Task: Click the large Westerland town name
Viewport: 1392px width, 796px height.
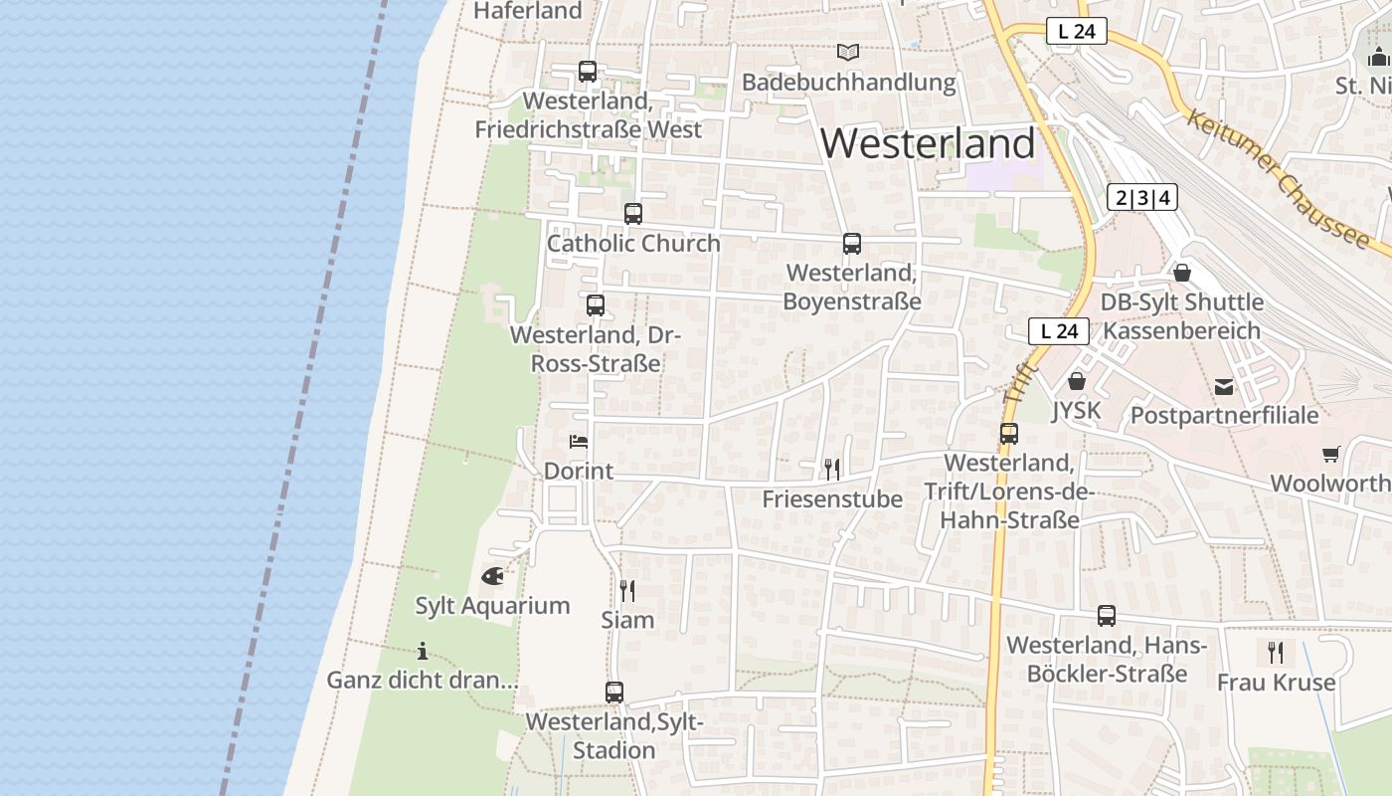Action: coord(928,144)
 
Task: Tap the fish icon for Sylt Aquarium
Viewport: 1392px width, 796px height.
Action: coord(492,575)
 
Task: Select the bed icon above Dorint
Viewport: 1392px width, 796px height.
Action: coord(579,441)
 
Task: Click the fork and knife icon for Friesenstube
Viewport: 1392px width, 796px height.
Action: coord(832,469)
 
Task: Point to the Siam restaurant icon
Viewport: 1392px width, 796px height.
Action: coord(627,591)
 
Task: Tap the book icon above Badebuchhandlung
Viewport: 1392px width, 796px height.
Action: coord(848,52)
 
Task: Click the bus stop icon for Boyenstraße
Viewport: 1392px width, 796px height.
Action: coord(852,243)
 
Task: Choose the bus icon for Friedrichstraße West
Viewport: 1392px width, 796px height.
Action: coord(588,72)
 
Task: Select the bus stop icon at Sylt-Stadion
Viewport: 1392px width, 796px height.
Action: coord(614,693)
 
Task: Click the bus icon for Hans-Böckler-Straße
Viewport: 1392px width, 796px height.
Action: coord(1107,616)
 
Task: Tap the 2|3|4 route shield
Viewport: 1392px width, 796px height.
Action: coord(1142,197)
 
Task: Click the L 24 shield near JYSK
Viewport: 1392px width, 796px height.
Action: coord(1059,331)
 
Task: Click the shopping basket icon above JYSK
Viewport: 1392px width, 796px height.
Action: coord(1077,380)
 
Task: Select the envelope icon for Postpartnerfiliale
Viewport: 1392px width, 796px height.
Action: coord(1224,386)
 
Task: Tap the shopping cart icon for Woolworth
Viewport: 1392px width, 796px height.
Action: coord(1331,455)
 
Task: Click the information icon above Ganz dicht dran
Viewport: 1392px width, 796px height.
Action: coord(423,652)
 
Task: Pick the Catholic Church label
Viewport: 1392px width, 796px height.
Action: coord(633,243)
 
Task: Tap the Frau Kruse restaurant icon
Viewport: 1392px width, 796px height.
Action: coord(1276,653)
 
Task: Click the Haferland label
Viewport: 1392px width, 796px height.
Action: coord(528,11)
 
